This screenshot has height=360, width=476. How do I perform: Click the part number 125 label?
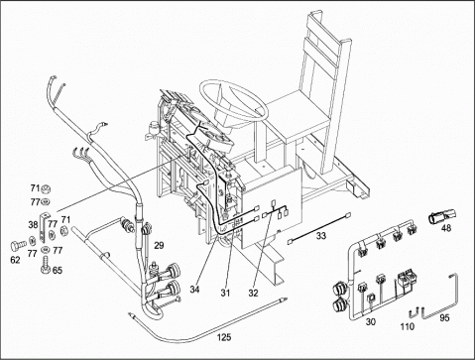pos(224,337)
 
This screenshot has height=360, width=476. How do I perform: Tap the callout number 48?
pos(446,228)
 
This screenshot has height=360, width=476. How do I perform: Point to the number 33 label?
pos(321,236)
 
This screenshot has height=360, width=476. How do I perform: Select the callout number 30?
pos(371,321)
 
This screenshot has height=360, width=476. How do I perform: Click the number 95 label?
pos(445,317)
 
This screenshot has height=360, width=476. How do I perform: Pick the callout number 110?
pos(408,326)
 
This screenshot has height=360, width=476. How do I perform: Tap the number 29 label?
pos(159,245)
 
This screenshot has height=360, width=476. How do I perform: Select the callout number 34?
pos(194,290)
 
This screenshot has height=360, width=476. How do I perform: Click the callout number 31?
pos(226,293)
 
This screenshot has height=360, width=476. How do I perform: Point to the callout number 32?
pos(253,293)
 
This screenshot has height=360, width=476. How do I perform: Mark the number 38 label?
pos(33,225)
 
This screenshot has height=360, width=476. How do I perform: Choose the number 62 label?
pos(15,260)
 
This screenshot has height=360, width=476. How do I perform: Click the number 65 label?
pos(58,271)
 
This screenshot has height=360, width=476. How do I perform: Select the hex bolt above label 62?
pos(18,246)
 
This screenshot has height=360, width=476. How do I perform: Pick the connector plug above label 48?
pos(441,215)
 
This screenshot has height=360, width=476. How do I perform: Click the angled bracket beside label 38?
pos(43,227)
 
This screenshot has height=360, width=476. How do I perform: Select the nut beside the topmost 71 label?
pos(46,189)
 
